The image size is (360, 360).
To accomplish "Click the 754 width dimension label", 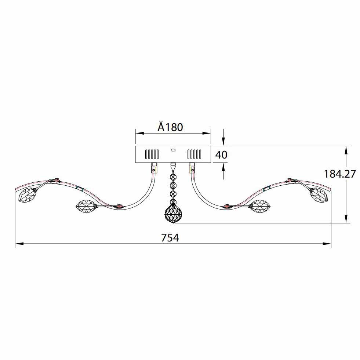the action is [170, 238].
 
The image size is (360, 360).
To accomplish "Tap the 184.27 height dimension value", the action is [340, 174].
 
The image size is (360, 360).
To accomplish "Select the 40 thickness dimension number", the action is [221, 155].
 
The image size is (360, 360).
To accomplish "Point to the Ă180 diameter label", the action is [170, 127].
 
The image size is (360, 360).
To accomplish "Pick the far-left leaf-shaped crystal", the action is [27, 195].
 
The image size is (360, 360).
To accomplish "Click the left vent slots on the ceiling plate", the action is [152, 154].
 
